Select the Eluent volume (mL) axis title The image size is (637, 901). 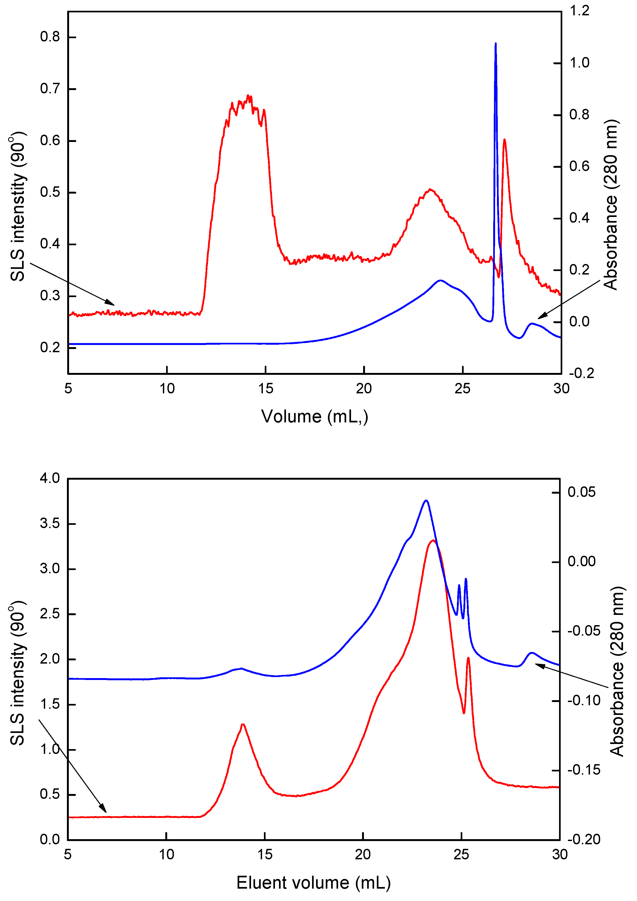(x=313, y=882)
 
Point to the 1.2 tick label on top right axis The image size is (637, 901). (x=579, y=10)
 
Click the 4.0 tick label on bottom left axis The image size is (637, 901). (x=49, y=478)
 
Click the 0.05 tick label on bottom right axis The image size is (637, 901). (x=581, y=492)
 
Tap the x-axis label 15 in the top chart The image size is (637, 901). (x=266, y=389)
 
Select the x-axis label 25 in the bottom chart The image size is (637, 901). (x=461, y=854)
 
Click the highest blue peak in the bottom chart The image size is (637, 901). (x=426, y=501)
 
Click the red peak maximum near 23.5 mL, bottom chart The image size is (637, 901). (x=433, y=541)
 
